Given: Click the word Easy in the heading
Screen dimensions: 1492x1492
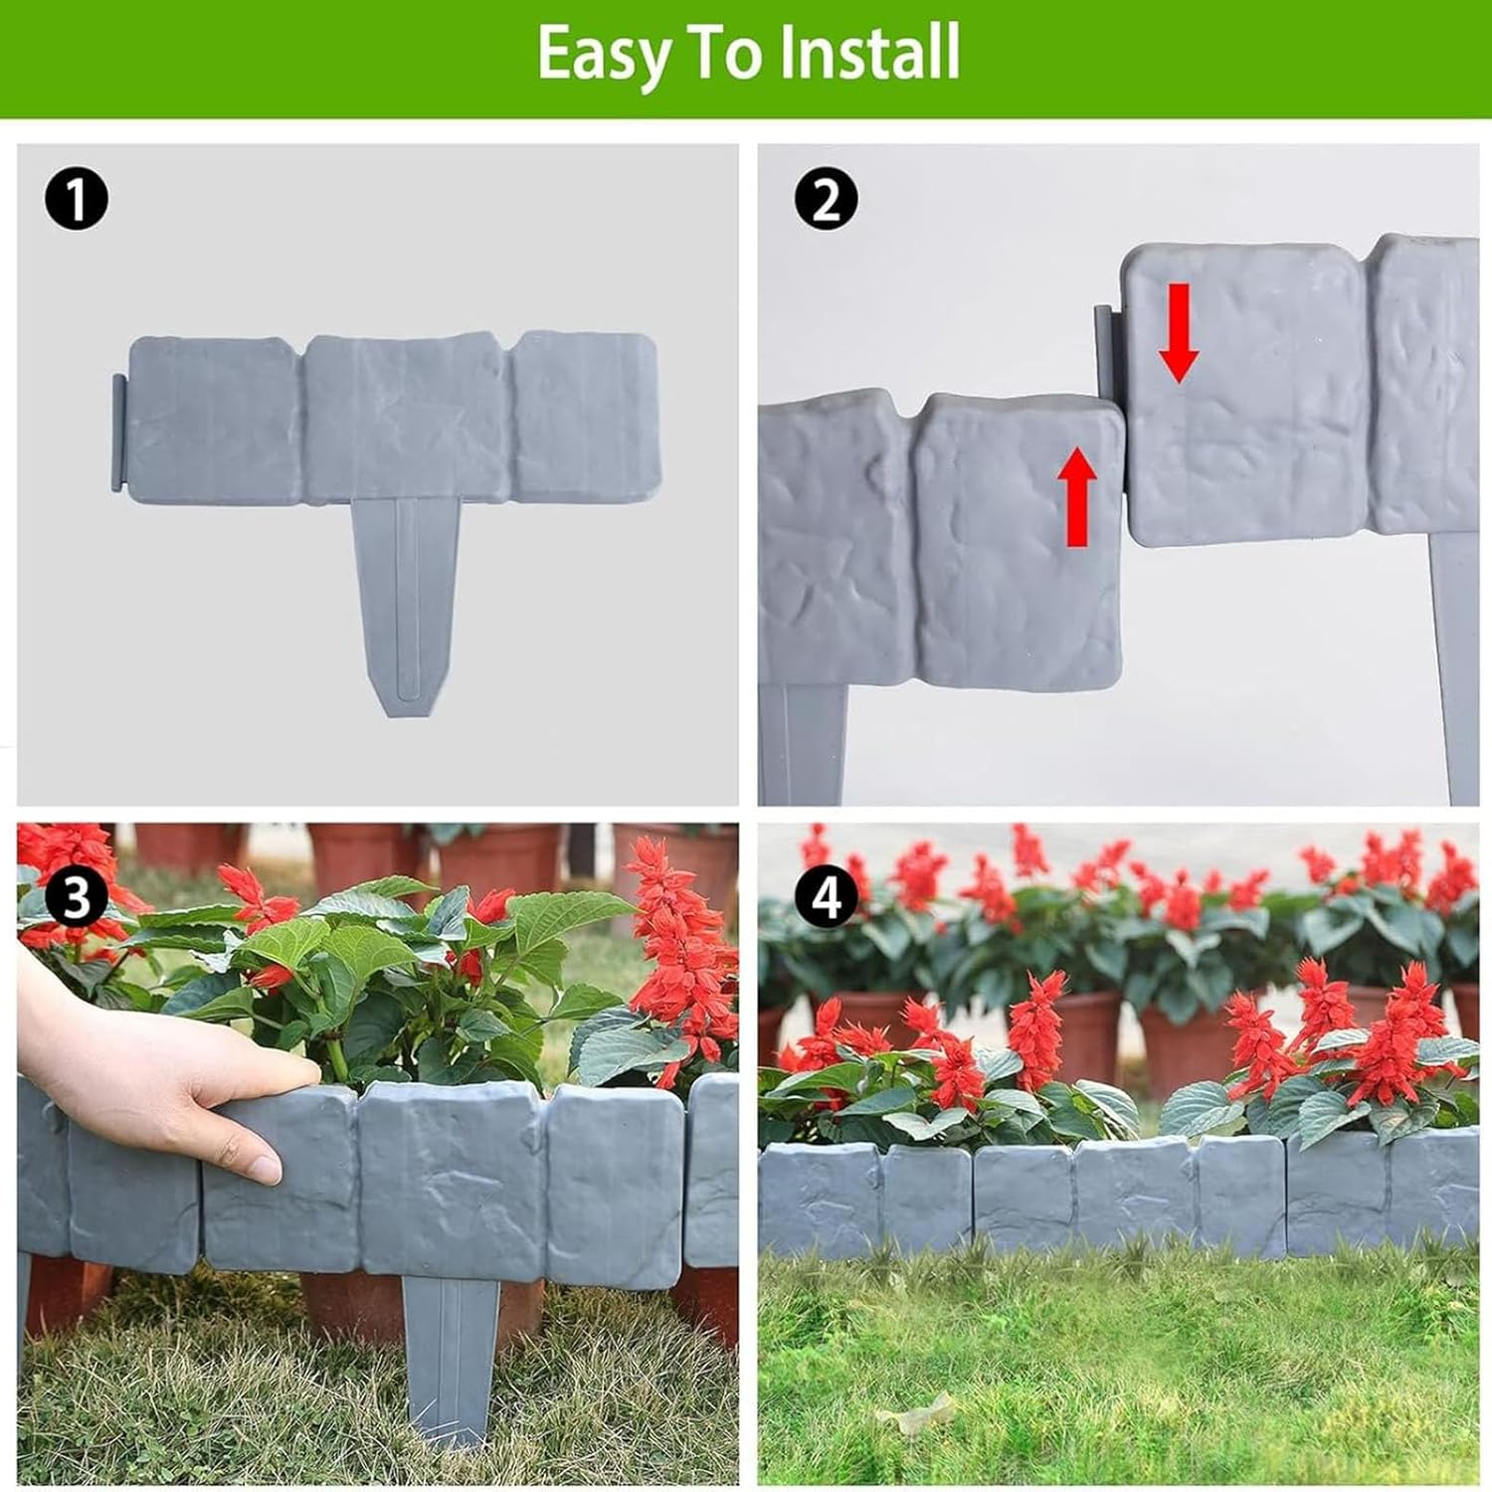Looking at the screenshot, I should [x=603, y=55].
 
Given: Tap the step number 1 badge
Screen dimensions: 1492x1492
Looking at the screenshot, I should [x=77, y=199].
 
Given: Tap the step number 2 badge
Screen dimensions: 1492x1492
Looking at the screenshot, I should [x=826, y=199].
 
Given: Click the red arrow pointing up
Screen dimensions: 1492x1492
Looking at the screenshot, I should [x=1076, y=497].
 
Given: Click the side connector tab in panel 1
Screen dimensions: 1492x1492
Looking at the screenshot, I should [x=118, y=433].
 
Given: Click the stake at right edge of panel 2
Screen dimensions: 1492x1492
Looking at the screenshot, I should [x=1454, y=666].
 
